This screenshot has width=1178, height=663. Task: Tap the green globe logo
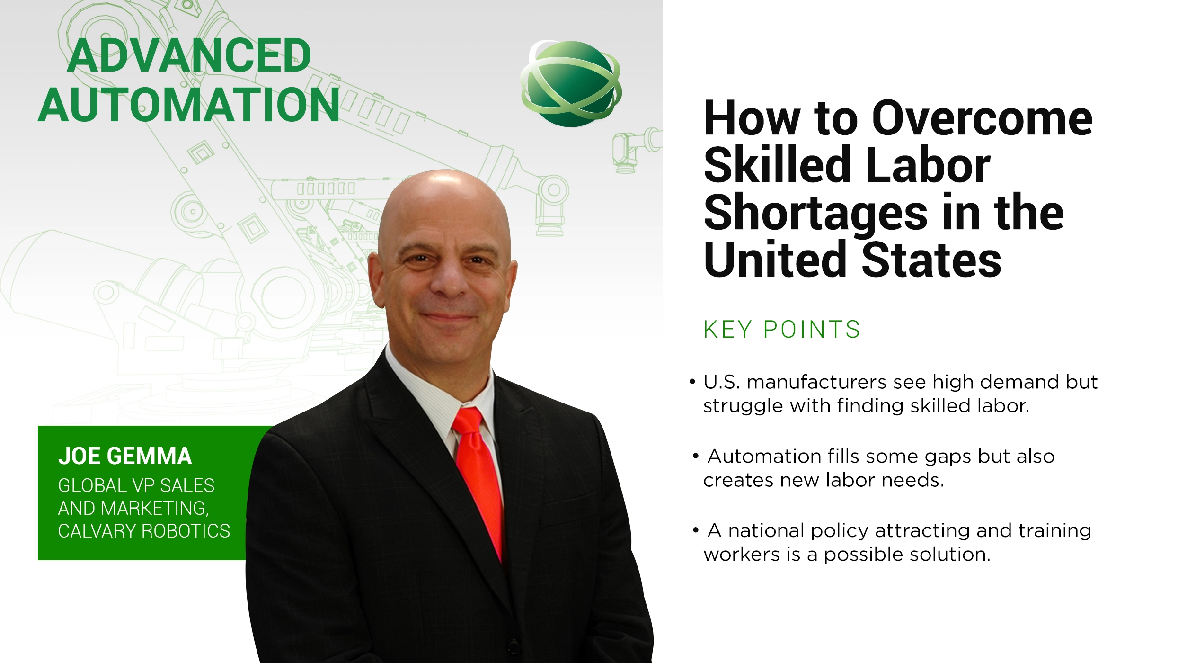pyautogui.click(x=571, y=84)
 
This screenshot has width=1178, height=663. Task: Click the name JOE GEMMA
pyautogui.click(x=125, y=456)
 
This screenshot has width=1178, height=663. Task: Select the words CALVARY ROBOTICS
pyautogui.click(x=144, y=531)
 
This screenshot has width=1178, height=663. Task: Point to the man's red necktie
pyautogui.click(x=478, y=478)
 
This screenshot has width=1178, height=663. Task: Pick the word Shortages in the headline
pyautogui.click(x=815, y=214)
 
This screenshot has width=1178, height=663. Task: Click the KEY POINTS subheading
pyautogui.click(x=781, y=330)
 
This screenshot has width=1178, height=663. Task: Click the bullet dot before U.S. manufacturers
pyautogui.click(x=692, y=382)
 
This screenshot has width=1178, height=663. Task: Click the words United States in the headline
pyautogui.click(x=852, y=260)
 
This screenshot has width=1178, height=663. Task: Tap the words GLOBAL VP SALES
pyautogui.click(x=136, y=485)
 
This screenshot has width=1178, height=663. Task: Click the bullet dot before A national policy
pyautogui.click(x=696, y=530)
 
